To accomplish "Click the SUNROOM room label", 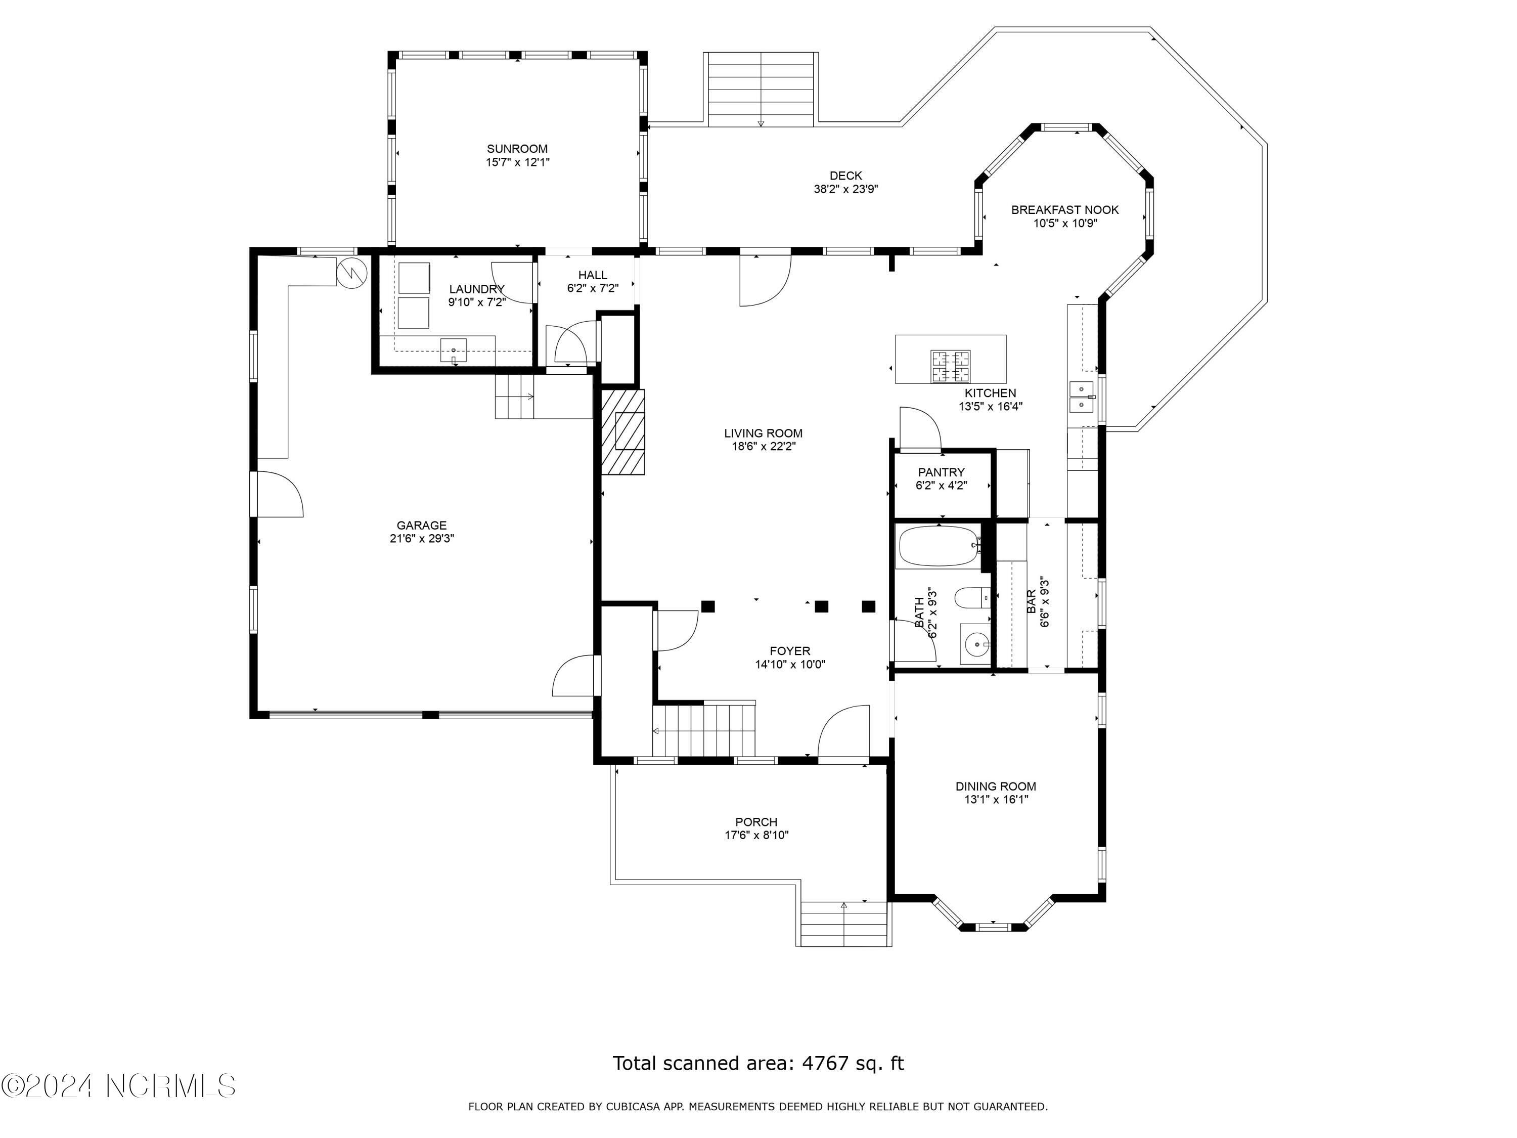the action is [x=517, y=149].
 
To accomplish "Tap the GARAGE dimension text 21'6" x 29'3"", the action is [x=422, y=539].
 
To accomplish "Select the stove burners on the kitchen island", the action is [x=951, y=366].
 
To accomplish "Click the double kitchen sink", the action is [x=1082, y=397].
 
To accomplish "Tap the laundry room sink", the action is [x=453, y=351].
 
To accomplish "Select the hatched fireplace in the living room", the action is [x=622, y=431].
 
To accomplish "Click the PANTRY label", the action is [x=941, y=472].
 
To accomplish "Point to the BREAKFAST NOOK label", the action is [x=1065, y=210].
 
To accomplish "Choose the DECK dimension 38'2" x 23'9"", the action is [x=845, y=189].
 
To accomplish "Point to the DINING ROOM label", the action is [x=996, y=787].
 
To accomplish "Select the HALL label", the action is [x=593, y=275].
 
